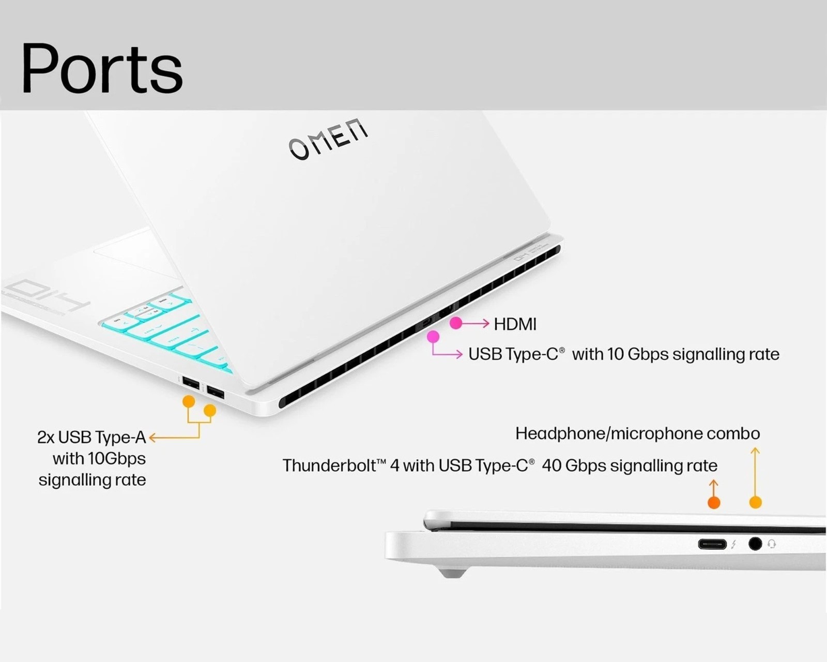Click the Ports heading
(x=102, y=68)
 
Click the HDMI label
(x=515, y=324)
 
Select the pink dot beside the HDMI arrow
(x=455, y=323)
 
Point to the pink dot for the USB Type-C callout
(x=433, y=337)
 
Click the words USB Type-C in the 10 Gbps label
(x=513, y=354)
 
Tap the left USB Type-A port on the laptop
(x=191, y=384)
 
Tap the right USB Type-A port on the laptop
(x=216, y=394)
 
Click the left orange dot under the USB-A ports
(x=189, y=401)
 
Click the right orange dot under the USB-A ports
(x=210, y=411)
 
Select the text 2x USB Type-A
(x=91, y=438)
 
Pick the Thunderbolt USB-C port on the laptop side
(x=712, y=544)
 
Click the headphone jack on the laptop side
(x=755, y=544)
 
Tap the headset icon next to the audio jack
(x=772, y=544)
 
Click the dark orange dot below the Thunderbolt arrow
(x=714, y=502)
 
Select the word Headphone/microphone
(x=608, y=433)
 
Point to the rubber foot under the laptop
(x=452, y=573)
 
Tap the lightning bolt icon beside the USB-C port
(x=733, y=544)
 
